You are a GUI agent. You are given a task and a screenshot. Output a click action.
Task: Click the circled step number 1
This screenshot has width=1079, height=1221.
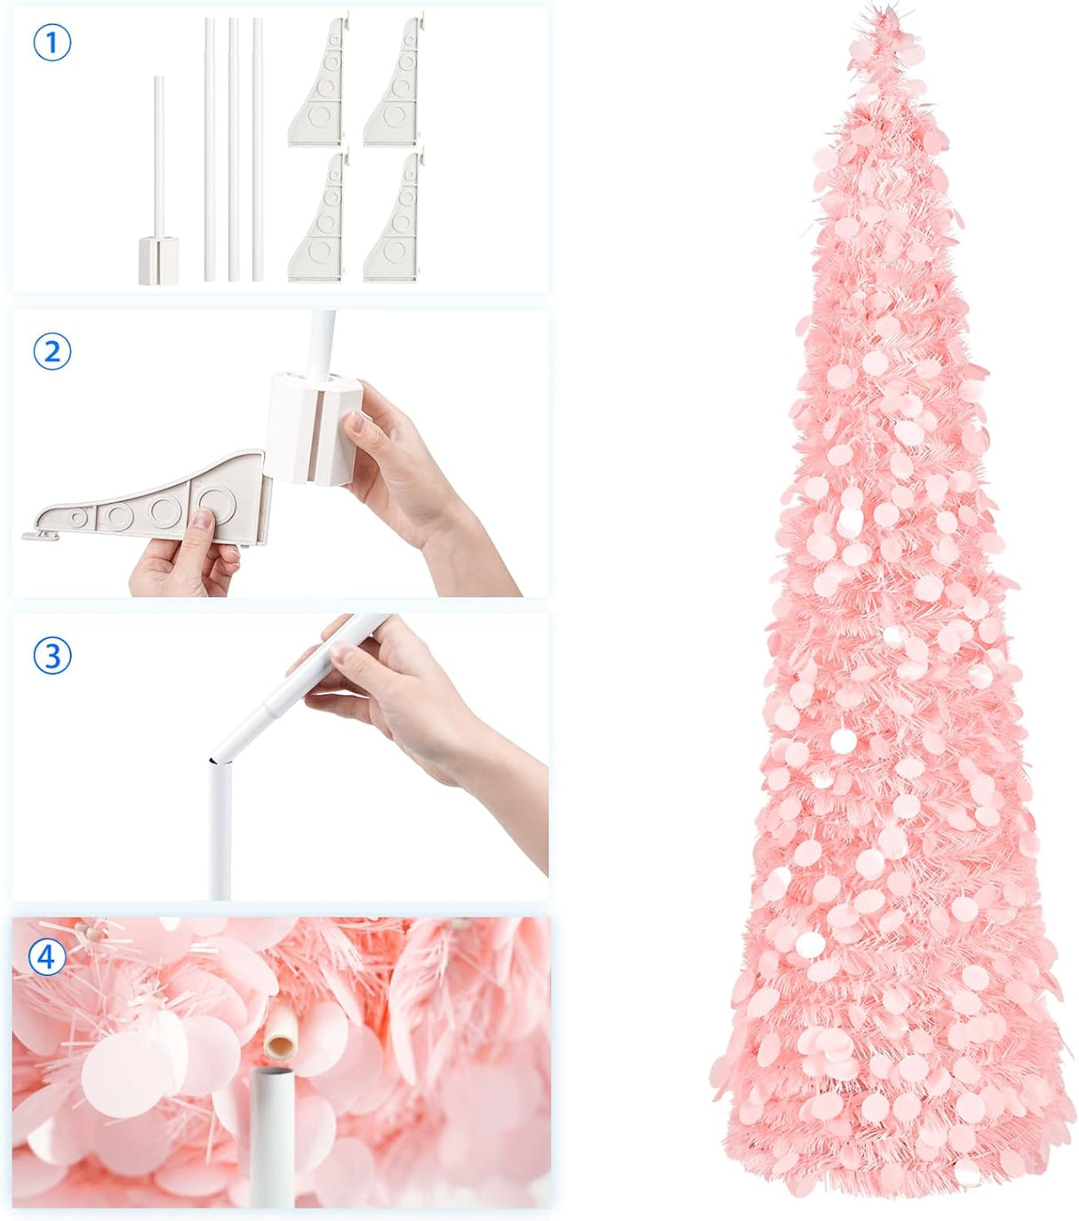52,44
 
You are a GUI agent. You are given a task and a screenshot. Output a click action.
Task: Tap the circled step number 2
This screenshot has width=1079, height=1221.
52,352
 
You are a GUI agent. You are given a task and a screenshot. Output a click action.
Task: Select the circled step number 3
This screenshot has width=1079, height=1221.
52,656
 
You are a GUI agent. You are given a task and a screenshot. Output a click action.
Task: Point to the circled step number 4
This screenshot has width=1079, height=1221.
46,957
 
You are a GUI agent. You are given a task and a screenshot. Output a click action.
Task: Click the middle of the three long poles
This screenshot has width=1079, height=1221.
234,151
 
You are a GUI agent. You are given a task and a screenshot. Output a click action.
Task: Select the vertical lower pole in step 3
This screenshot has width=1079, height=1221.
220,831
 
